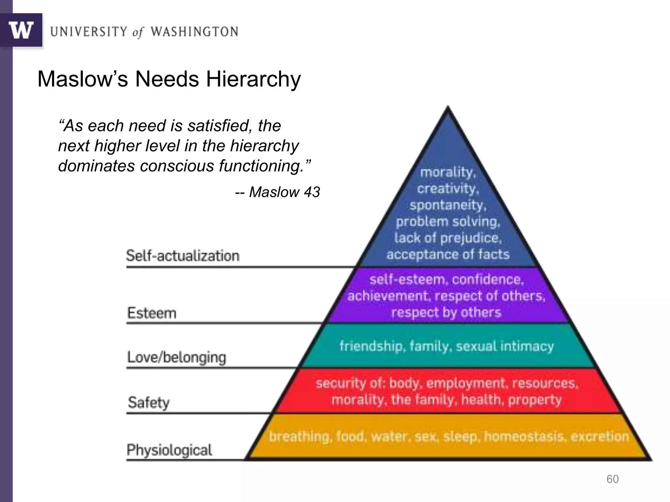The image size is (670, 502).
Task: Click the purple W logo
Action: click(x=21, y=30)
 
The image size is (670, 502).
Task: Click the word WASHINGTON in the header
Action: click(x=194, y=32)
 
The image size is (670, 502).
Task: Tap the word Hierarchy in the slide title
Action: click(x=253, y=79)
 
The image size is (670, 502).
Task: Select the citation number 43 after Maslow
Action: click(x=312, y=192)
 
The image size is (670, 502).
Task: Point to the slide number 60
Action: click(x=612, y=479)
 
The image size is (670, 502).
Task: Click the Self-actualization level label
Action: click(x=183, y=256)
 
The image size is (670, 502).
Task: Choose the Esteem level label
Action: click(x=152, y=313)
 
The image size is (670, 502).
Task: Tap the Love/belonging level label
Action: click(x=177, y=357)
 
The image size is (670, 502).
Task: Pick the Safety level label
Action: click(x=149, y=402)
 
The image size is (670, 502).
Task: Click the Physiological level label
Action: click(x=169, y=450)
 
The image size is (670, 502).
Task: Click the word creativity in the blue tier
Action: click(x=448, y=189)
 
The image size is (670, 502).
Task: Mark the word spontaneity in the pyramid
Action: click(x=448, y=205)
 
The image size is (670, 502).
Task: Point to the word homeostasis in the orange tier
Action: click(x=524, y=436)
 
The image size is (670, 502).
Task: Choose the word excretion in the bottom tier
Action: click(x=600, y=436)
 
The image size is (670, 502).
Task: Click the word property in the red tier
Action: click(x=535, y=400)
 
